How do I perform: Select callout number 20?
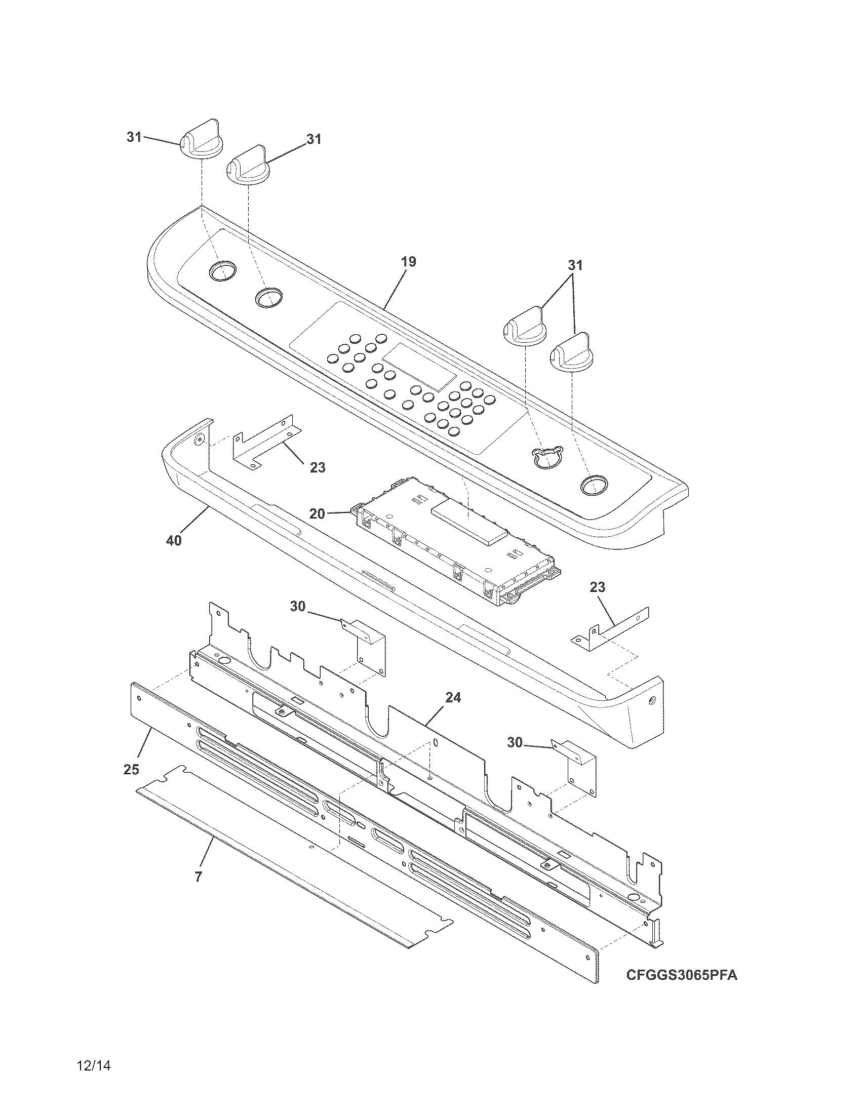317,513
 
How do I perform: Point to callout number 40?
174,540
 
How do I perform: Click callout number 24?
453,697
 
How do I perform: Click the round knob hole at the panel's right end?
594,485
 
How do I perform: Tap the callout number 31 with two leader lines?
575,265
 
